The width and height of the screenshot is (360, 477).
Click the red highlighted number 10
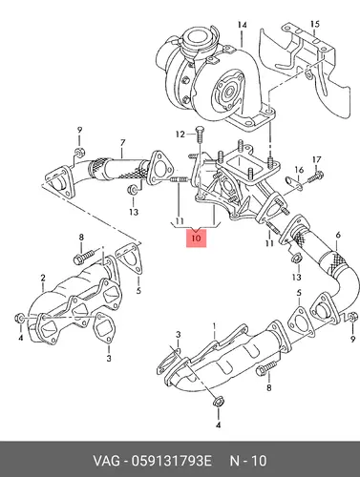pyautogui.click(x=197, y=238)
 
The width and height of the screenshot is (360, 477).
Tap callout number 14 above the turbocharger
pyautogui.click(x=242, y=25)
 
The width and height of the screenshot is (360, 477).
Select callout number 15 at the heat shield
pyautogui.click(x=314, y=24)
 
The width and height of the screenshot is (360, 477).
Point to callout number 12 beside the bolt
pyautogui.click(x=180, y=135)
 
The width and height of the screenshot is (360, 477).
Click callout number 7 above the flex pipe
pyautogui.click(x=123, y=143)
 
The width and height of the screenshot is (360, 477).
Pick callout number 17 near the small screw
pyautogui.click(x=316, y=159)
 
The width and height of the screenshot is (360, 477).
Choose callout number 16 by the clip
pyautogui.click(x=299, y=170)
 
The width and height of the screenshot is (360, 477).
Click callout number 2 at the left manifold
pyautogui.click(x=43, y=278)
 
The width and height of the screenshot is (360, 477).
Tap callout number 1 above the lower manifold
pyautogui.click(x=215, y=326)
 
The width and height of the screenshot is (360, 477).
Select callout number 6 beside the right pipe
pyautogui.click(x=338, y=235)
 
